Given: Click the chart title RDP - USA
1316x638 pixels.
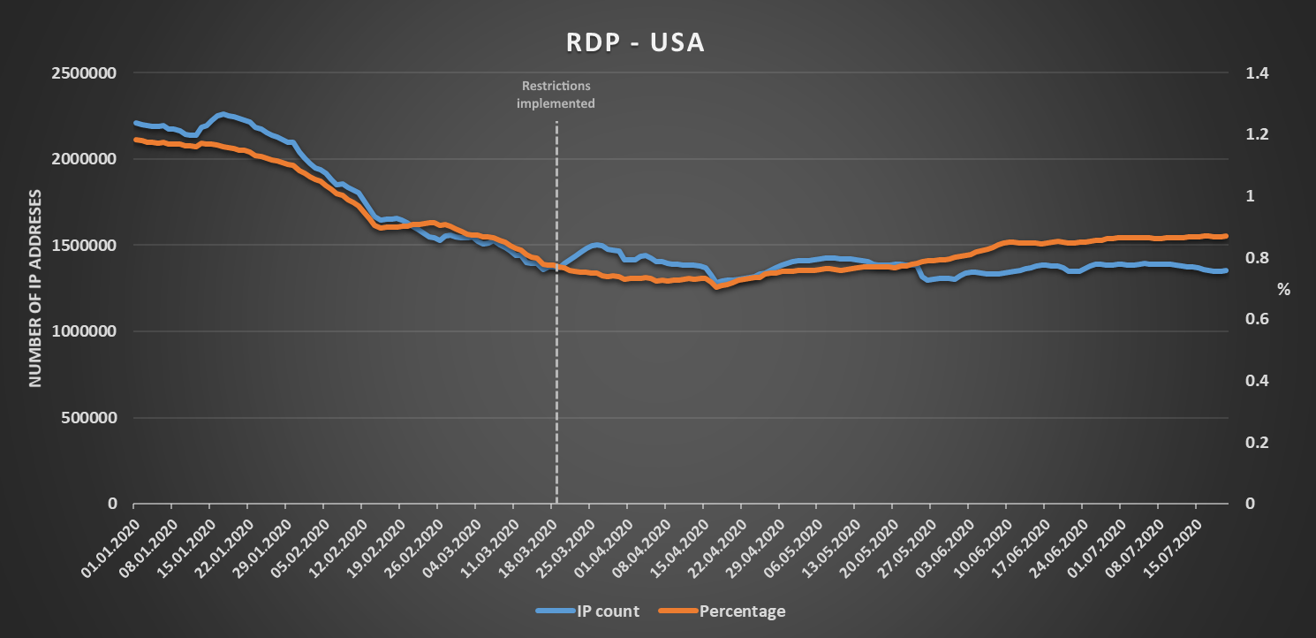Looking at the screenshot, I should tap(635, 42).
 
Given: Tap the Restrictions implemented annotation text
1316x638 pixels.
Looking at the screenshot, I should tap(556, 95).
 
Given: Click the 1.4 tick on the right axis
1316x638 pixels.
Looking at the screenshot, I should tap(1256, 73).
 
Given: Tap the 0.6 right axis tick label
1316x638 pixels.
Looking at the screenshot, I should tap(1256, 319).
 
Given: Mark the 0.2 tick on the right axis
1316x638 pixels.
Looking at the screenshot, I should tap(1256, 443).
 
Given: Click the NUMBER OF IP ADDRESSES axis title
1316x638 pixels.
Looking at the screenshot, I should tap(36, 288).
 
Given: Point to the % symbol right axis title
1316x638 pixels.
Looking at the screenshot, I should tap(1283, 289).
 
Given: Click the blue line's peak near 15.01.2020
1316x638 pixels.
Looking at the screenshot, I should tap(223, 114).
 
